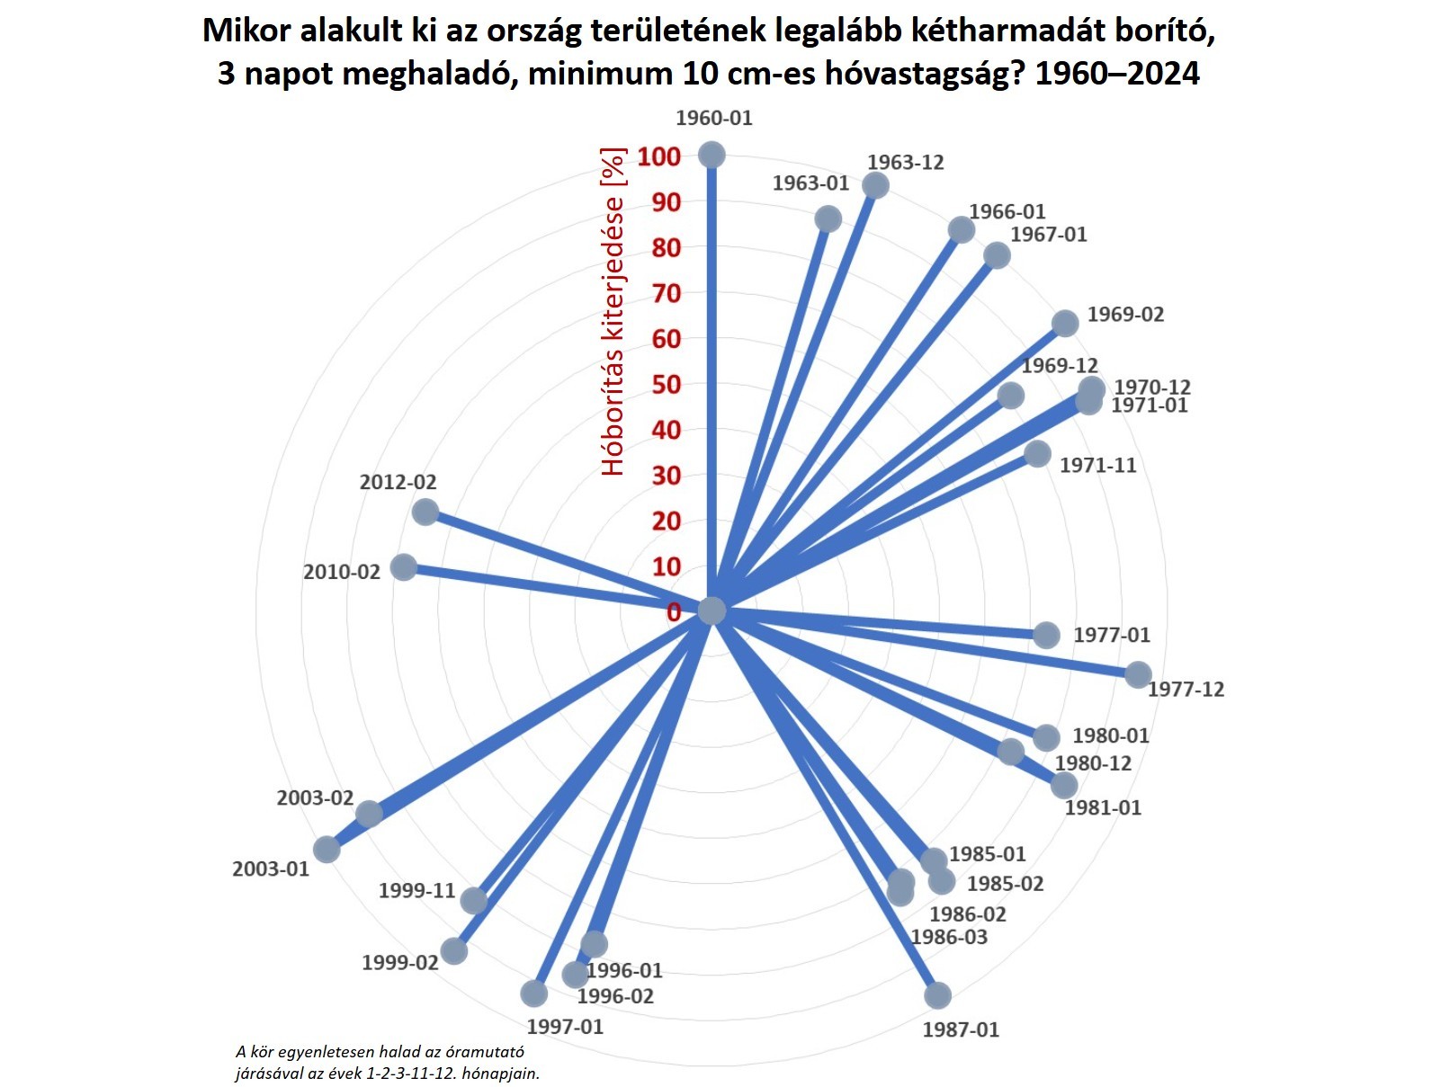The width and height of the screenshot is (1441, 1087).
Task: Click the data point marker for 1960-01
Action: pyautogui.click(x=712, y=156)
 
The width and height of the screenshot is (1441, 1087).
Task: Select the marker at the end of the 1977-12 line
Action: pyautogui.click(x=1138, y=674)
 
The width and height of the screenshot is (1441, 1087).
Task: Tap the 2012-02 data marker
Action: pyautogui.click(x=425, y=512)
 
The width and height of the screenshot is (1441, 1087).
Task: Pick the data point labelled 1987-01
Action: pyautogui.click(x=937, y=995)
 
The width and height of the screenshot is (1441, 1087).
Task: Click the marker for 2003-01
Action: pyautogui.click(x=327, y=849)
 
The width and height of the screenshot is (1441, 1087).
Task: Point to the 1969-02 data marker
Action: pyautogui.click(x=1065, y=324)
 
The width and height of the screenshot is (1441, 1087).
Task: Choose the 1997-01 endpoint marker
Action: pyautogui.click(x=534, y=993)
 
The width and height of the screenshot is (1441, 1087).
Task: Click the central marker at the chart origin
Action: pyautogui.click(x=712, y=610)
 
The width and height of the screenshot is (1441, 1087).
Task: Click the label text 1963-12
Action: pyautogui.click(x=905, y=163)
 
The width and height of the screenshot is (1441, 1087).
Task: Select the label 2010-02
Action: pyautogui.click(x=342, y=572)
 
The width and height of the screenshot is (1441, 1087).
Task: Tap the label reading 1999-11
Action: pyautogui.click(x=416, y=891)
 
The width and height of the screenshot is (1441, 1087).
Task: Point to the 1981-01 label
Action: pyautogui.click(x=1103, y=808)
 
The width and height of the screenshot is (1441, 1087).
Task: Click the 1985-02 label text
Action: pyautogui.click(x=1005, y=884)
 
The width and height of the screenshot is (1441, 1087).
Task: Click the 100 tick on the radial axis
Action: pyautogui.click(x=659, y=156)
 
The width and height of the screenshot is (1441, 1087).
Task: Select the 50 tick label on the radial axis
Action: pyautogui.click(x=666, y=385)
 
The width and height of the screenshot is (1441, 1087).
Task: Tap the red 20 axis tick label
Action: pyautogui.click(x=666, y=521)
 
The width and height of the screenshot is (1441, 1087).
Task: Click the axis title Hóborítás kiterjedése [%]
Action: pyautogui.click(x=613, y=311)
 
